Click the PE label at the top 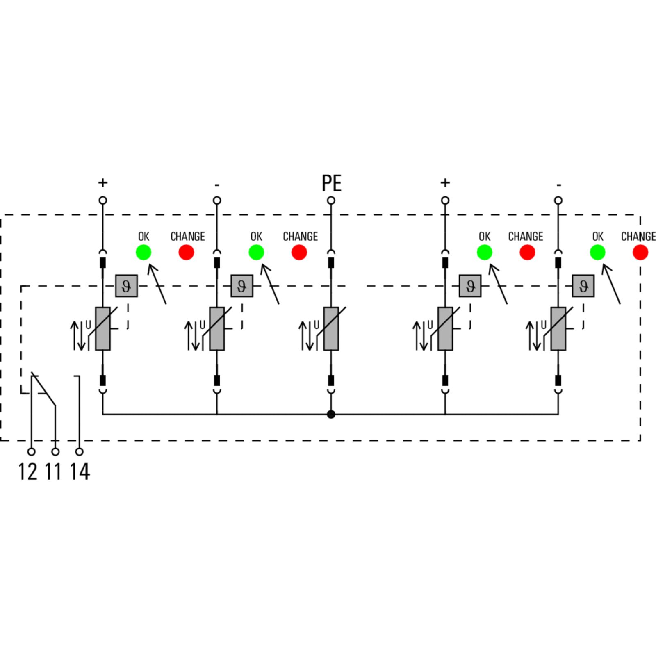pyautogui.click(x=331, y=183)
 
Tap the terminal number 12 pyautogui.click(x=27, y=471)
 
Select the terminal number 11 pyautogui.click(x=53, y=471)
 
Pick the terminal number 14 pyautogui.click(x=80, y=471)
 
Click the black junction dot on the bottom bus pyautogui.click(x=331, y=415)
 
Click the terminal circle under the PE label pyautogui.click(x=331, y=200)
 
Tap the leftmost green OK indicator pyautogui.click(x=143, y=252)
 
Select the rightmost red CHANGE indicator pyautogui.click(x=640, y=252)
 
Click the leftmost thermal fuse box pyautogui.click(x=126, y=286)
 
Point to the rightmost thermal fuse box pyautogui.click(x=583, y=286)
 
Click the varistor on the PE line pyautogui.click(x=331, y=329)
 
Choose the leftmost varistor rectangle pyautogui.click(x=103, y=329)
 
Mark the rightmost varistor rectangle pyautogui.click(x=558, y=329)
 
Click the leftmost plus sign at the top pyautogui.click(x=103, y=182)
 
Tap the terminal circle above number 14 pyautogui.click(x=80, y=452)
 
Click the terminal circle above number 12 pyautogui.click(x=31, y=452)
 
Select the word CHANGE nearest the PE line pyautogui.click(x=301, y=237)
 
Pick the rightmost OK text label pyautogui.click(x=598, y=237)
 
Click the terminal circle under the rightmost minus pyautogui.click(x=558, y=200)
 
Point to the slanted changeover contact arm pyautogui.click(x=43, y=389)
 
